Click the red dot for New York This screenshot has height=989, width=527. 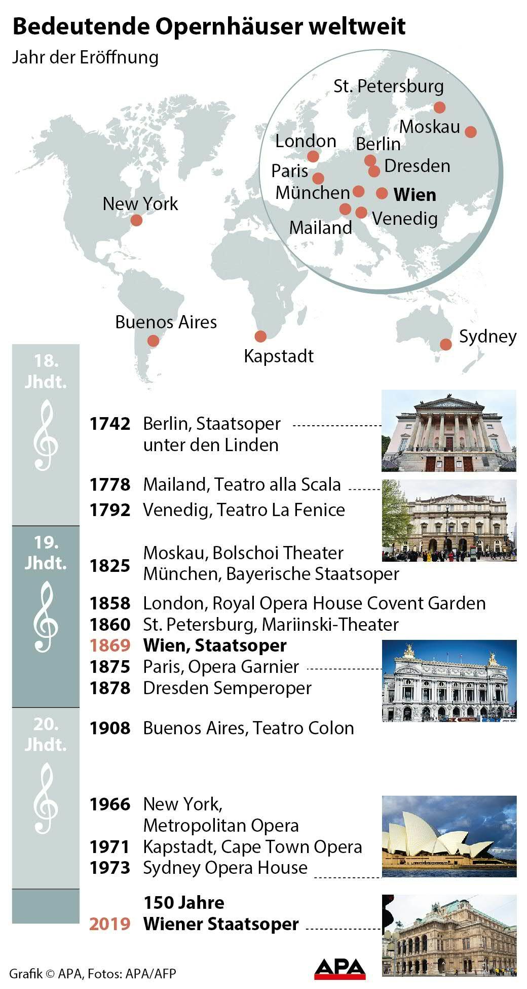[x=136, y=220]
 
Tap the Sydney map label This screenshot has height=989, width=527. [x=487, y=336]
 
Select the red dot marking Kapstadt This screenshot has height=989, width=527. [x=260, y=336]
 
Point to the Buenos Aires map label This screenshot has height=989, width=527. [x=166, y=322]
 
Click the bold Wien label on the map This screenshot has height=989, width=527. [x=415, y=195]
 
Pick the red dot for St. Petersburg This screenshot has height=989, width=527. [x=439, y=107]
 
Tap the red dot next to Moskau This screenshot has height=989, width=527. [x=471, y=131]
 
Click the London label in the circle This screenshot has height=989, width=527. [x=306, y=141]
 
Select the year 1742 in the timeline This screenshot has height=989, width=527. [x=110, y=424]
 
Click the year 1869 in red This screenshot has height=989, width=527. [x=110, y=645]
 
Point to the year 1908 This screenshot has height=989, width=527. [x=110, y=728]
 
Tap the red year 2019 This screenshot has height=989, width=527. [x=110, y=924]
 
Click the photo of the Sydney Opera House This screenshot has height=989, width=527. [x=449, y=836]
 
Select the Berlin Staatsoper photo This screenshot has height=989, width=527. [x=448, y=431]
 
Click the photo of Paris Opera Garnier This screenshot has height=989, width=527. [x=449, y=680]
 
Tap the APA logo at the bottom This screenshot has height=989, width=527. [x=340, y=968]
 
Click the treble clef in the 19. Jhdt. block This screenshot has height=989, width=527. [x=46, y=617]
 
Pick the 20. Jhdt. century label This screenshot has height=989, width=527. [x=46, y=734]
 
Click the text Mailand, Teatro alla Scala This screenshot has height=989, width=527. [x=242, y=485]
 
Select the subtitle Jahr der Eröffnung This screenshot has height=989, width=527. [x=85, y=57]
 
